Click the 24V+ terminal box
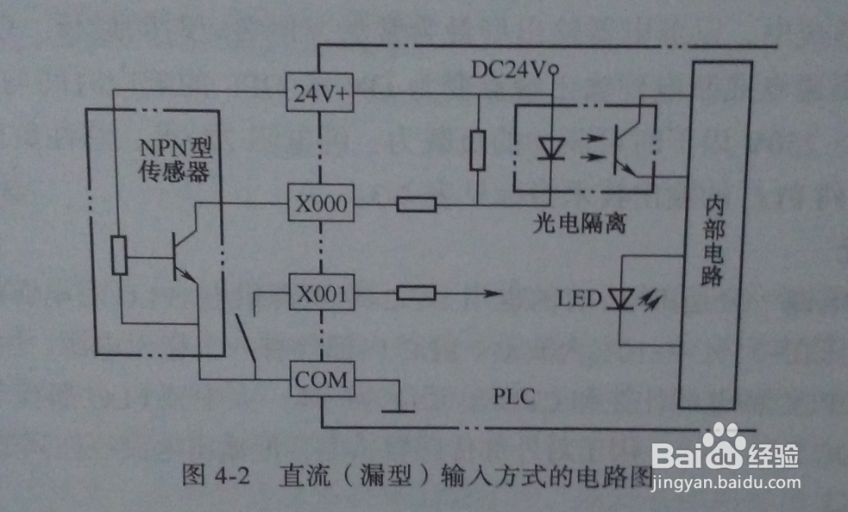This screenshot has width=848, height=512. click(318, 96)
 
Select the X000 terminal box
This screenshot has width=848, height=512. click(318, 205)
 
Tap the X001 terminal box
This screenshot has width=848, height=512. click(318, 294)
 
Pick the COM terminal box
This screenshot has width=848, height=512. click(318, 380)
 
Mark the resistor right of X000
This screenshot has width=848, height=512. click(416, 205)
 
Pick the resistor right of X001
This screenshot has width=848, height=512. click(416, 294)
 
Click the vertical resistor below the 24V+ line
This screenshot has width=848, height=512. click(477, 150)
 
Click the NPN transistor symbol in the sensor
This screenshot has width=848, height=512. click(183, 256)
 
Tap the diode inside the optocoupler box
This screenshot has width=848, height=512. click(549, 148)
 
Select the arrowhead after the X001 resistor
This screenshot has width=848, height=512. click(493, 294)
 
